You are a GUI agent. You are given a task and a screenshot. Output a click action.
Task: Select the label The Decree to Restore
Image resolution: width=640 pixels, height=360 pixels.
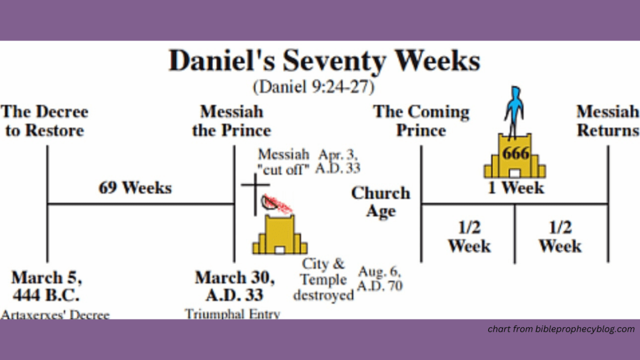[45, 121]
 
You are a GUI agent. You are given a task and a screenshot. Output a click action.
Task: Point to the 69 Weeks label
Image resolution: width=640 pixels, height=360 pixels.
[135, 188]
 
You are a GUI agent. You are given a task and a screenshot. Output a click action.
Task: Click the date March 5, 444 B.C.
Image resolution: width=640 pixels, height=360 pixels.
[47, 286]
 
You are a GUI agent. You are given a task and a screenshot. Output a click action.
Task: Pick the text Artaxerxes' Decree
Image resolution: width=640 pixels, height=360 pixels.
[55, 315]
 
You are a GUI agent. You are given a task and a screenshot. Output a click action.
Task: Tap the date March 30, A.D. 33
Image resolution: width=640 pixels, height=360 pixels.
[235, 286]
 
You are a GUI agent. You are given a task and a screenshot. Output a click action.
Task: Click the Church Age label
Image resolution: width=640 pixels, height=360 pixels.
[381, 202]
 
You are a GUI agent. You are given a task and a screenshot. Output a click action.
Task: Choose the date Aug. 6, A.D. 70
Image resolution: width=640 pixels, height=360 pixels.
[380, 279]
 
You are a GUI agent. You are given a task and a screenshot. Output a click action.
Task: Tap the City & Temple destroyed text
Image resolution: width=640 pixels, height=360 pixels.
[324, 279]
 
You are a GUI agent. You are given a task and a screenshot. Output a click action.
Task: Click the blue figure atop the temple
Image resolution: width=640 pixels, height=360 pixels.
[514, 109]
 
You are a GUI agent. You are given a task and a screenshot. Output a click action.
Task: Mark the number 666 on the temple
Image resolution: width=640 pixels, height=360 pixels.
[515, 154]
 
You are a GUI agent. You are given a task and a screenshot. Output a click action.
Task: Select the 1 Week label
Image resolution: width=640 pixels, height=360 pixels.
[516, 188]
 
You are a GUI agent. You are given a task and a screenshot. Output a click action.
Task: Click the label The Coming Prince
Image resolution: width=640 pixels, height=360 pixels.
[421, 121]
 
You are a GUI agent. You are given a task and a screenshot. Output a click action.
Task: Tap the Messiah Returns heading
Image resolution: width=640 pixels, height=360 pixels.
[607, 121]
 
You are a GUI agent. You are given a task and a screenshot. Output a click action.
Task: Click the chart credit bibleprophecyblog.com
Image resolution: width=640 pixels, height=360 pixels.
[561, 329]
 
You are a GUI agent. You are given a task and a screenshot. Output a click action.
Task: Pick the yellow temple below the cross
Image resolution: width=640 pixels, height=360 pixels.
[280, 235]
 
